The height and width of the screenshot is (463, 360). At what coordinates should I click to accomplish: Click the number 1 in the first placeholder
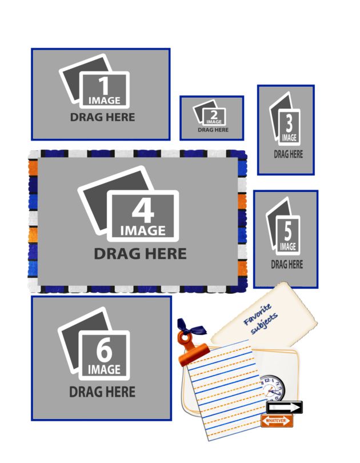pos(104,86)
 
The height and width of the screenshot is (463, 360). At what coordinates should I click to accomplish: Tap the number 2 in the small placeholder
pos(214,115)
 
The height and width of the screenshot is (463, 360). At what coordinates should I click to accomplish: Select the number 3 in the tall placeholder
pos(289,123)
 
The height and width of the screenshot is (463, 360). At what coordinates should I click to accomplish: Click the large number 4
pos(143,210)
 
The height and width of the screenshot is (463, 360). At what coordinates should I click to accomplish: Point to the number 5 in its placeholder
pos(287,231)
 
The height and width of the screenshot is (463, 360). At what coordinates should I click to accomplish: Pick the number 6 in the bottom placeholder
pos(104,350)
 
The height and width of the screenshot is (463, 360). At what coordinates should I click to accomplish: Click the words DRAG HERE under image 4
pos(140,254)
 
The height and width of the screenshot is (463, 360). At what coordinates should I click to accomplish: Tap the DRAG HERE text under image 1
pos(102,117)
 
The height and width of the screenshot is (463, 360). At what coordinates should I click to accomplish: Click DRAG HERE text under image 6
pos(102,392)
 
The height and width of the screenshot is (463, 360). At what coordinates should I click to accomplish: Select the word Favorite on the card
pos(257,314)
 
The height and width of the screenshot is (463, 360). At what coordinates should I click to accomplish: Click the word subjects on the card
pos(264,324)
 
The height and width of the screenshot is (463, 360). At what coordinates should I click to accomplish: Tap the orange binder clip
pos(193,349)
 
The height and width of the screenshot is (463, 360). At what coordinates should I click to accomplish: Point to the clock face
pos(272,389)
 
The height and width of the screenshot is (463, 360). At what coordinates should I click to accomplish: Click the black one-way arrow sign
pos(285,408)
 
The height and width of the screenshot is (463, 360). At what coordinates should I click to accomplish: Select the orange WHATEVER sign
pos(277,421)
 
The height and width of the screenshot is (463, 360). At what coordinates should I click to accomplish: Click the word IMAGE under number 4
pos(143,231)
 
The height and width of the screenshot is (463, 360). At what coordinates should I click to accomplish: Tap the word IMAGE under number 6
pos(104,370)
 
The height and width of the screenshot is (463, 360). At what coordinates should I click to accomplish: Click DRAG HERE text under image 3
pos(289,154)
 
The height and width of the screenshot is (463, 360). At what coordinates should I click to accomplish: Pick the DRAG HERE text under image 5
pos(287,264)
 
